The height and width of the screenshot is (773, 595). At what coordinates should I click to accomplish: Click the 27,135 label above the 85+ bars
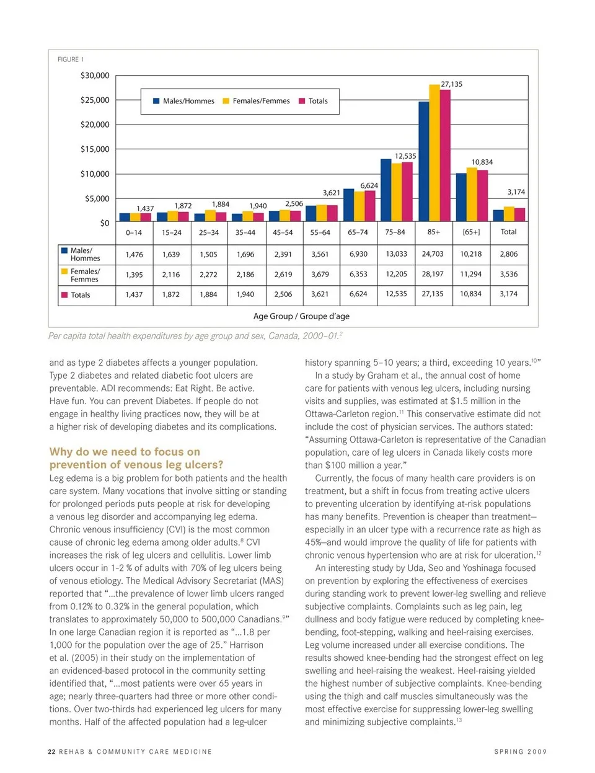point(451,84)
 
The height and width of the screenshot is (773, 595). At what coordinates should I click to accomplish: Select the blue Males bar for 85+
point(424,161)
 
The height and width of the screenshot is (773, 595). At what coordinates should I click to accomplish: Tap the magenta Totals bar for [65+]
point(482,195)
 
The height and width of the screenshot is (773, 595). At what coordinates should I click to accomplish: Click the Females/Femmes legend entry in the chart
point(256,101)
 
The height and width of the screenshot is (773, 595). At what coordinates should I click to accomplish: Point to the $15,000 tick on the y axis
point(95,149)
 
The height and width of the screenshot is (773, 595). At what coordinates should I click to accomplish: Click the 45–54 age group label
point(283,232)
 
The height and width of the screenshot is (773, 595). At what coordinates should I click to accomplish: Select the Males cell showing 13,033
point(396,254)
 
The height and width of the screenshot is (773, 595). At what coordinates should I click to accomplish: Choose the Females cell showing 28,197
point(433,274)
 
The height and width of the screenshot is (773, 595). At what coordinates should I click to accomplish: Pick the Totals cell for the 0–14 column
point(134,294)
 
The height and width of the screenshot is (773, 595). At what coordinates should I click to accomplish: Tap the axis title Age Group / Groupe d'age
point(301,316)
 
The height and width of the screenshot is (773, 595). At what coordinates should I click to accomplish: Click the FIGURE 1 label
point(70,60)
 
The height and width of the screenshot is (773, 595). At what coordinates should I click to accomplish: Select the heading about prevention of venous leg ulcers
point(136,458)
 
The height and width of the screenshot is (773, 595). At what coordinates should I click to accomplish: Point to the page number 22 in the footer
point(51,752)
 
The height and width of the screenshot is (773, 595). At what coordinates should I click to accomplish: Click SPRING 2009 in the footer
point(520,752)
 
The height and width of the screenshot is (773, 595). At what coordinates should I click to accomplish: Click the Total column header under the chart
point(508,232)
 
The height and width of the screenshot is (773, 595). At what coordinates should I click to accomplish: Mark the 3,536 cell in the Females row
point(508,274)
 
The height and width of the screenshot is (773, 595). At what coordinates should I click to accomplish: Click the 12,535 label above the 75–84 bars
point(405,156)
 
